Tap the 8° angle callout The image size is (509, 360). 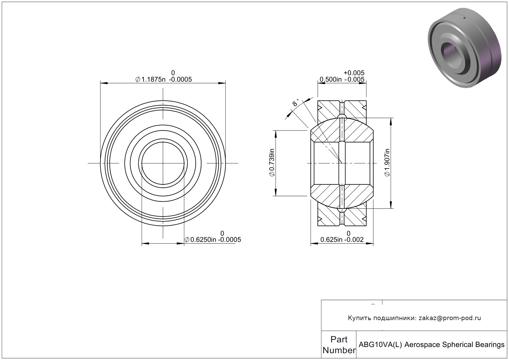[x=295, y=103]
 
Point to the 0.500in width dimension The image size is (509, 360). [x=331, y=79]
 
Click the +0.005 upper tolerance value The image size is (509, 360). [x=354, y=73]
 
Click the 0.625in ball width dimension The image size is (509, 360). [x=331, y=240]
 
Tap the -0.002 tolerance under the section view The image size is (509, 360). [x=354, y=240]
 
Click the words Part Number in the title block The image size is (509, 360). [x=339, y=345]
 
